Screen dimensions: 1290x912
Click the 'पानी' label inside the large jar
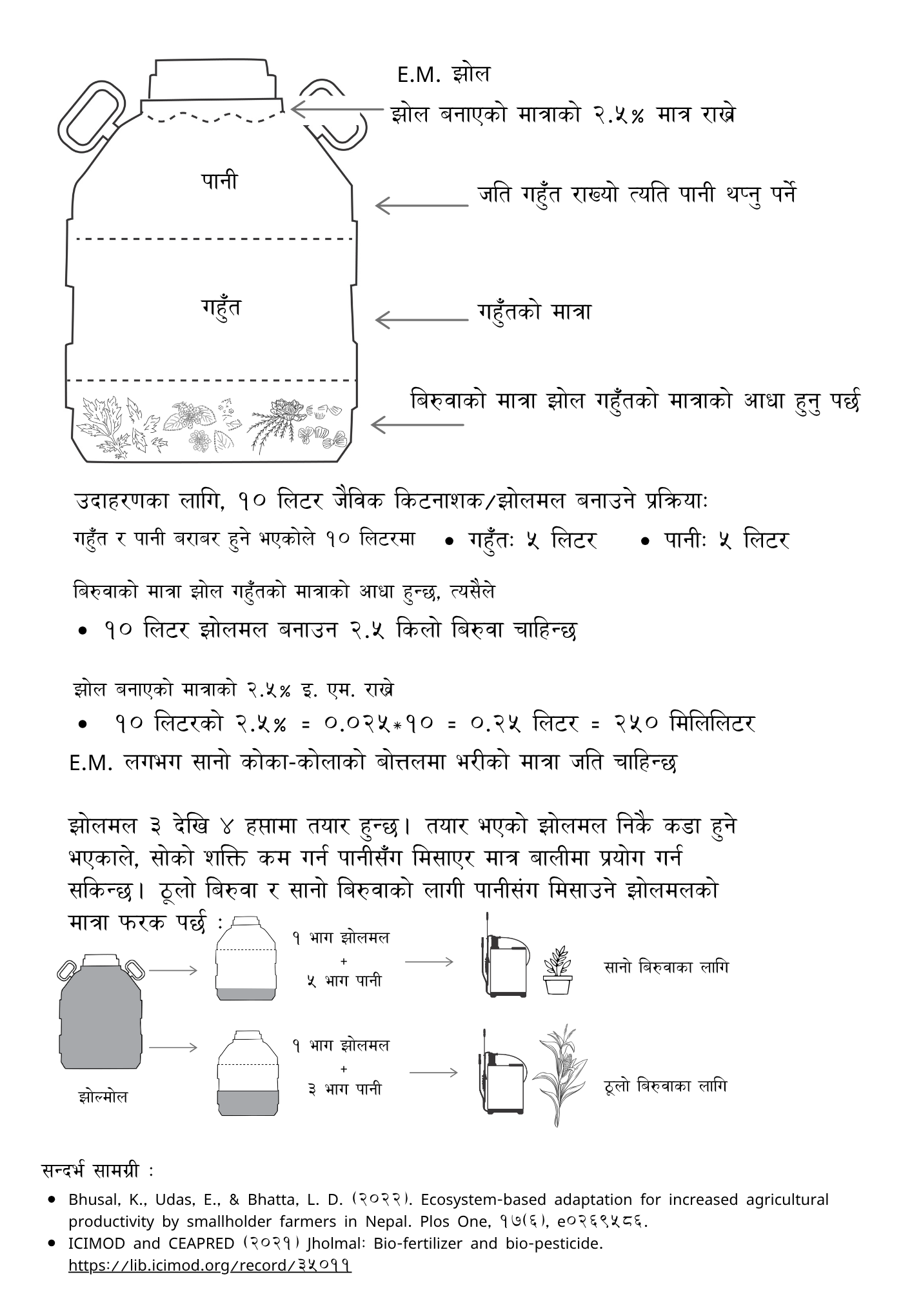219,181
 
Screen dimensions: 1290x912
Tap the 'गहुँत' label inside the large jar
221,308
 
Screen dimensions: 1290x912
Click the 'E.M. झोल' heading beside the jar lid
444,75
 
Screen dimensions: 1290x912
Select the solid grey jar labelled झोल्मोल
101,1012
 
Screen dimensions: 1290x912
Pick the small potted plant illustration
557,971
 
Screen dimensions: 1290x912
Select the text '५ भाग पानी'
344,981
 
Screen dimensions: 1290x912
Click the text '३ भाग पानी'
344,1089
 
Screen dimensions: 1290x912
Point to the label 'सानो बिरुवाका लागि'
666,967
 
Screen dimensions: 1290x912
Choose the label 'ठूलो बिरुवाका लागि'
666,1086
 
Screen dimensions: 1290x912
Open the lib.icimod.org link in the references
210,1265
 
